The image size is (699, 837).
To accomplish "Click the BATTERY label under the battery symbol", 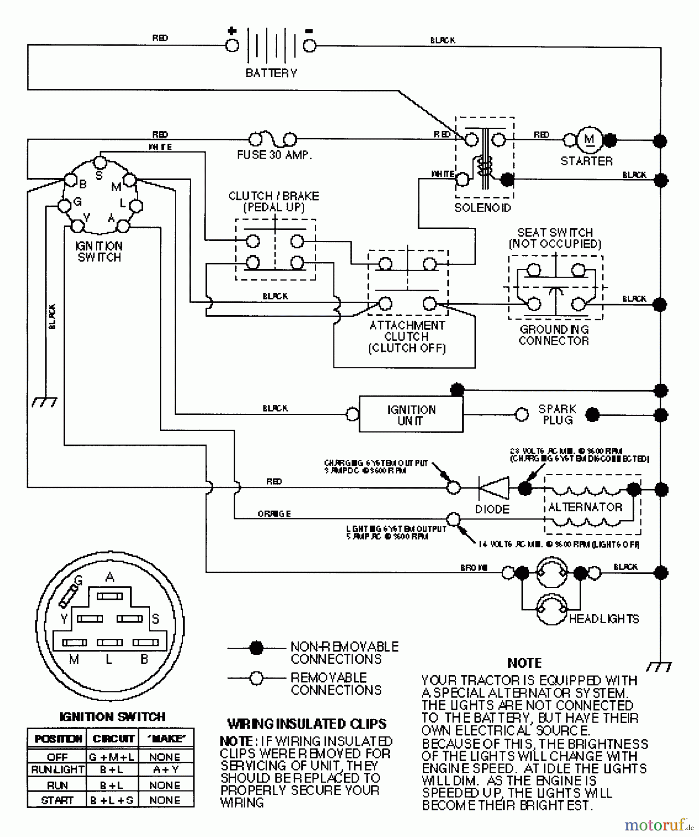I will point(271,73).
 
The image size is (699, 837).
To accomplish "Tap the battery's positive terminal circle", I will point(232,46).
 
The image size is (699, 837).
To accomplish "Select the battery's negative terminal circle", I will point(309,46).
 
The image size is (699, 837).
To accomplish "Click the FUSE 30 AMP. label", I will point(274,155).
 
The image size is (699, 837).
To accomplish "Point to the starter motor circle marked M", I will point(589,139).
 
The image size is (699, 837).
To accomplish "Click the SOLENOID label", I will point(482,208).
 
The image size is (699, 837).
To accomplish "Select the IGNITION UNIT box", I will point(411,415).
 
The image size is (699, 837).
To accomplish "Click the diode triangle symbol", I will point(494,488).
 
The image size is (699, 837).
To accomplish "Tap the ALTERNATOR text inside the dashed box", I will point(585,507).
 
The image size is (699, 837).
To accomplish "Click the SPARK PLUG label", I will point(557,414).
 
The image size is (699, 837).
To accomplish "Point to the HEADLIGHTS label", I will point(604,619).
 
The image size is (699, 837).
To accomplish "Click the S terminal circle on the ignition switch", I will point(100,162).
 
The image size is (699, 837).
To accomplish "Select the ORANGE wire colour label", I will point(274,514).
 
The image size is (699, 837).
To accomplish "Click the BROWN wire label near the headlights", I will point(473,568).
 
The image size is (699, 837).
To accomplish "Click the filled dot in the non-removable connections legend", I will point(256,647).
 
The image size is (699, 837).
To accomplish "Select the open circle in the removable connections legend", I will point(256,678).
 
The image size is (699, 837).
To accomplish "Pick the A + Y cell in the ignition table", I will point(166,770).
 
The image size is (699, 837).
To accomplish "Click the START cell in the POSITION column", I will point(57,800).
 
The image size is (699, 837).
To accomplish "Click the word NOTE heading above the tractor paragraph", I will point(524,663).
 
